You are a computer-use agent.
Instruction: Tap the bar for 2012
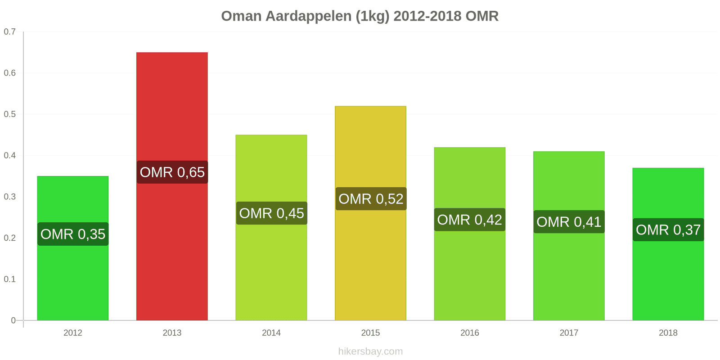[73, 279]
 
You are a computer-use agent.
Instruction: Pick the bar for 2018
[668, 279]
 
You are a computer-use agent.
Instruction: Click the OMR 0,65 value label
[172, 172]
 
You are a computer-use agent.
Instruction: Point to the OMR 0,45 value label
[271, 213]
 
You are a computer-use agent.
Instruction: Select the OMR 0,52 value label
[371, 199]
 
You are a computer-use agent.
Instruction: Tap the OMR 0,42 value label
[469, 220]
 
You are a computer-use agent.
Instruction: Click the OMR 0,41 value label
[569, 222]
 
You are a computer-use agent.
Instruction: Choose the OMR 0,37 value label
[668, 230]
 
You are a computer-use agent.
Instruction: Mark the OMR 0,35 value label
[73, 234]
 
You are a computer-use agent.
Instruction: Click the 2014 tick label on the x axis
[271, 333]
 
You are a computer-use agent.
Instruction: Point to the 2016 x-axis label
[469, 333]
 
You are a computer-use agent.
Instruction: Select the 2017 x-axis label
[569, 333]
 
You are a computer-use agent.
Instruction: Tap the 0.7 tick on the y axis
[10, 32]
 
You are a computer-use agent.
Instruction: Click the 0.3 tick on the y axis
[10, 197]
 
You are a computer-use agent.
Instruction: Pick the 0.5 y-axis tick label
[10, 114]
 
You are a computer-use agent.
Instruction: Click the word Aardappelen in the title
[309, 16]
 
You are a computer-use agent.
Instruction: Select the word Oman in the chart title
[241, 16]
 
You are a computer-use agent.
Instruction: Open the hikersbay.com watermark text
[370, 351]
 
